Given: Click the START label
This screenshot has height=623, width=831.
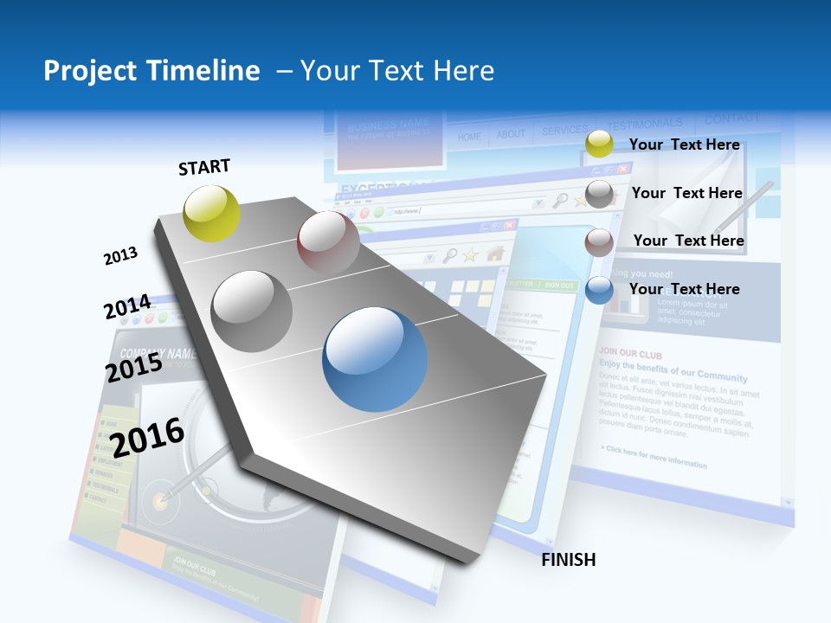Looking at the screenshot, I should tap(204, 167).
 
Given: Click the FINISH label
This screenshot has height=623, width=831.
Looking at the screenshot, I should tap(569, 560).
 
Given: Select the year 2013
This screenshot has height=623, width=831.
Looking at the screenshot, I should tap(120, 255).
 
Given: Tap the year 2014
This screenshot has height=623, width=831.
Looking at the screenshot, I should tap(127, 307).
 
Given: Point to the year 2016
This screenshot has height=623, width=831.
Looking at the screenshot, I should tap(148, 437).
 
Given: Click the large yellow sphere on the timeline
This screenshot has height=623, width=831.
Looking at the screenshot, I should tap(212, 213).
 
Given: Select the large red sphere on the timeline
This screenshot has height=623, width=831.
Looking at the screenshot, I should tap(328, 241).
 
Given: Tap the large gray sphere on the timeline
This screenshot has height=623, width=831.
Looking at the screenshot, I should tap(251, 311).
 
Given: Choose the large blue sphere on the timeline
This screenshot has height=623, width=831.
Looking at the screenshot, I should tap(374, 359).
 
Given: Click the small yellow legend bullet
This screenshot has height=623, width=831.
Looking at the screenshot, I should tap(599, 145).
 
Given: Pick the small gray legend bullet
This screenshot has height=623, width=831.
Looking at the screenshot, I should tap(599, 194).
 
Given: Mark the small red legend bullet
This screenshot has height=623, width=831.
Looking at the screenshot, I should tap(599, 241).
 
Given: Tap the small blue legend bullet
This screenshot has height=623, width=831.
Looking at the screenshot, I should tap(599, 290).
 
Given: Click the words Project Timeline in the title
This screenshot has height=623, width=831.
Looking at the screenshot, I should tap(151, 71).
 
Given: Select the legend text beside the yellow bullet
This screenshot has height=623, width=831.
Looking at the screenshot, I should tap(684, 145).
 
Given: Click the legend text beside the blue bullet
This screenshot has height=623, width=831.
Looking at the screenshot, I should tap(684, 289).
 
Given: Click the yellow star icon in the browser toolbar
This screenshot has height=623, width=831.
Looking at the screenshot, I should tap(471, 254).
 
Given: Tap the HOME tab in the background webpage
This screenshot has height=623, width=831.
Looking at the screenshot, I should tap(469, 136).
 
